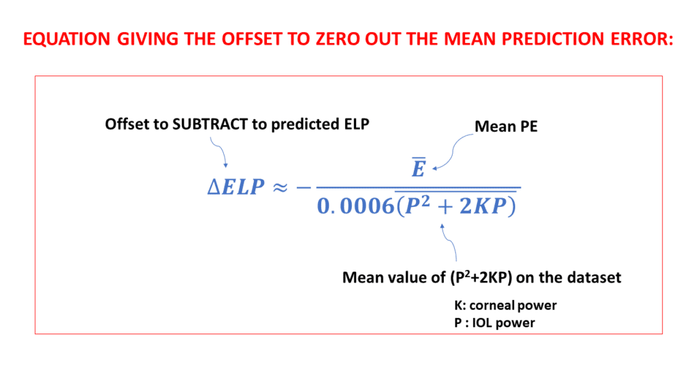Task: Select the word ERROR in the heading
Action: tap(637, 39)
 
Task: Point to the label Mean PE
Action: tap(506, 126)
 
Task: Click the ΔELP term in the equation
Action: tap(235, 186)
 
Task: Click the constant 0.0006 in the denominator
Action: tap(353, 206)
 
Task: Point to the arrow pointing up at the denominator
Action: tap(451, 242)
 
